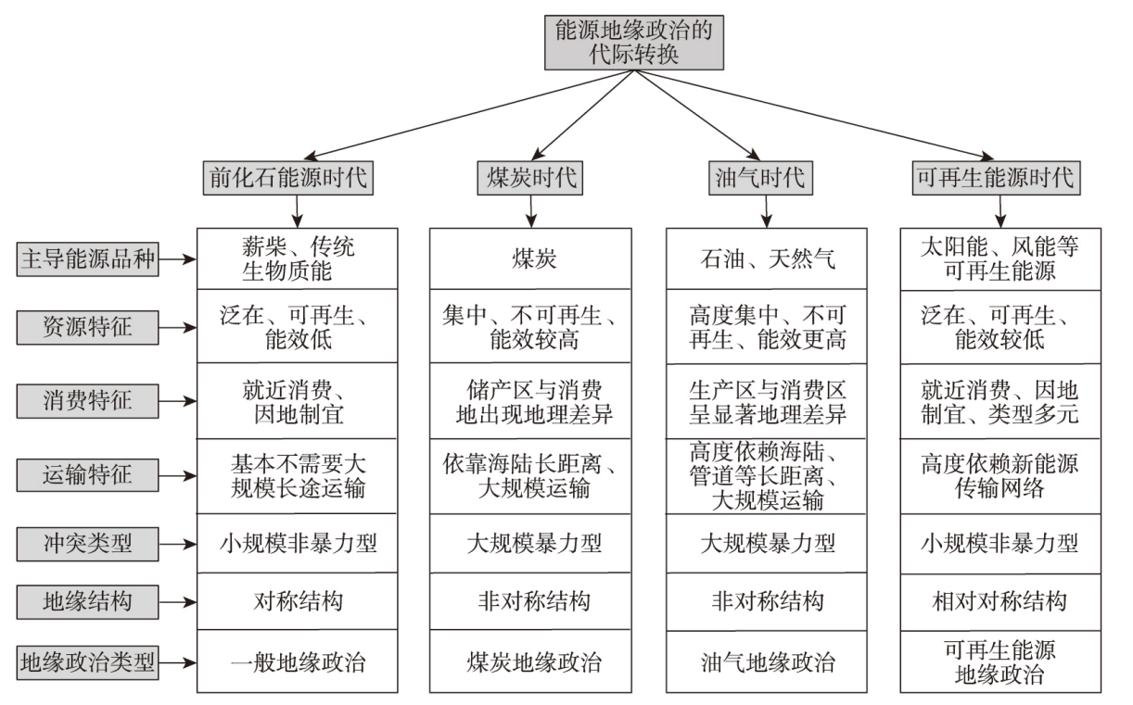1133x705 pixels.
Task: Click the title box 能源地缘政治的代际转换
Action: tap(634, 43)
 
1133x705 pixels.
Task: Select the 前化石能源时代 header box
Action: tap(287, 178)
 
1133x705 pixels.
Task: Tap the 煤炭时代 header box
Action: tap(530, 178)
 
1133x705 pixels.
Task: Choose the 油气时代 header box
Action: tap(760, 178)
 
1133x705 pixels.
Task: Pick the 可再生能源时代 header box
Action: tap(997, 178)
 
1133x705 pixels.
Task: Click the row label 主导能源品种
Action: tap(87, 259)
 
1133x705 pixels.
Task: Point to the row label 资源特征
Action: tap(87, 327)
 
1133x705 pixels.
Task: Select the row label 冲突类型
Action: tap(87, 545)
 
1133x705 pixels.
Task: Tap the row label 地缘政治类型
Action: tap(87, 662)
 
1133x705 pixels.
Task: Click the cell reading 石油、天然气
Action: tap(767, 258)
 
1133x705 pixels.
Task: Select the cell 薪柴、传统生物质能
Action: tap(298, 258)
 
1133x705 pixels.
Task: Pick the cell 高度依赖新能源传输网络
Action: tap(1000, 476)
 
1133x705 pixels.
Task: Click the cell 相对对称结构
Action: tap(1000, 602)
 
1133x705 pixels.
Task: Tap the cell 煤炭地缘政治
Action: tap(530, 661)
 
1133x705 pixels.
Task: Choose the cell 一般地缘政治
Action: tap(298, 661)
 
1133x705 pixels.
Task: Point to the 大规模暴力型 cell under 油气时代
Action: tap(767, 544)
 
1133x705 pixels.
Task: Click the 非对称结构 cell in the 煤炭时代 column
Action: tap(530, 601)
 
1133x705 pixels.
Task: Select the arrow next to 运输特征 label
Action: tap(177, 476)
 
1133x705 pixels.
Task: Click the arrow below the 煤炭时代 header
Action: tap(530, 211)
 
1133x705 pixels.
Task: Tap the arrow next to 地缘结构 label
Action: tap(177, 602)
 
